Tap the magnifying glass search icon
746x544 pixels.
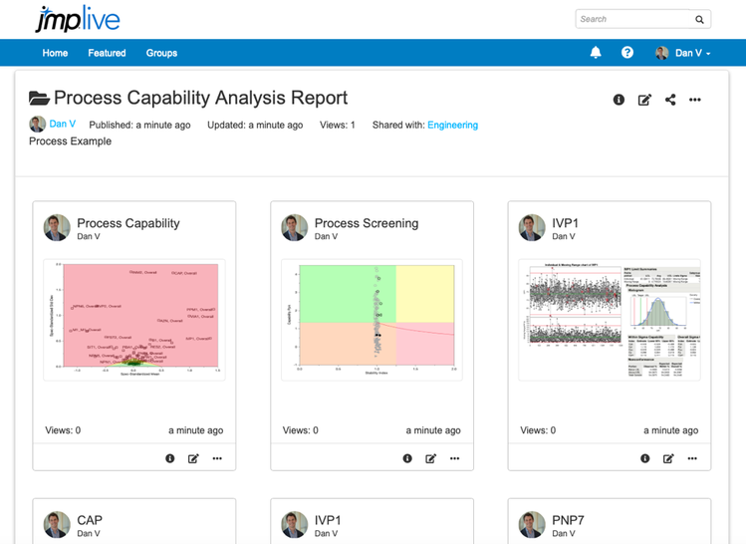(700, 19)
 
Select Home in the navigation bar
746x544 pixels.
(55, 53)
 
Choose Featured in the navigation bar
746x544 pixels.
(107, 53)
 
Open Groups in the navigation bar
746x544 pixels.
(161, 53)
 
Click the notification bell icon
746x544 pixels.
(596, 53)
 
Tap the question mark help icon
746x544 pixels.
(627, 53)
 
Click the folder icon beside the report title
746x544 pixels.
(39, 99)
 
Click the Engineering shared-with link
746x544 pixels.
(452, 126)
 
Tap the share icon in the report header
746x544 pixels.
(670, 100)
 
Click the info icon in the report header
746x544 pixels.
(619, 100)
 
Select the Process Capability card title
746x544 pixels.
(128, 223)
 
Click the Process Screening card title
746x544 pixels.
(367, 223)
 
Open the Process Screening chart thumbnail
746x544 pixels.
(372, 320)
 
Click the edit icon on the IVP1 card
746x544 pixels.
(668, 458)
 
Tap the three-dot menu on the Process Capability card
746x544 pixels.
(217, 458)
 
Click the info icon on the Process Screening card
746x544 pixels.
(407, 458)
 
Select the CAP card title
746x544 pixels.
(90, 520)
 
